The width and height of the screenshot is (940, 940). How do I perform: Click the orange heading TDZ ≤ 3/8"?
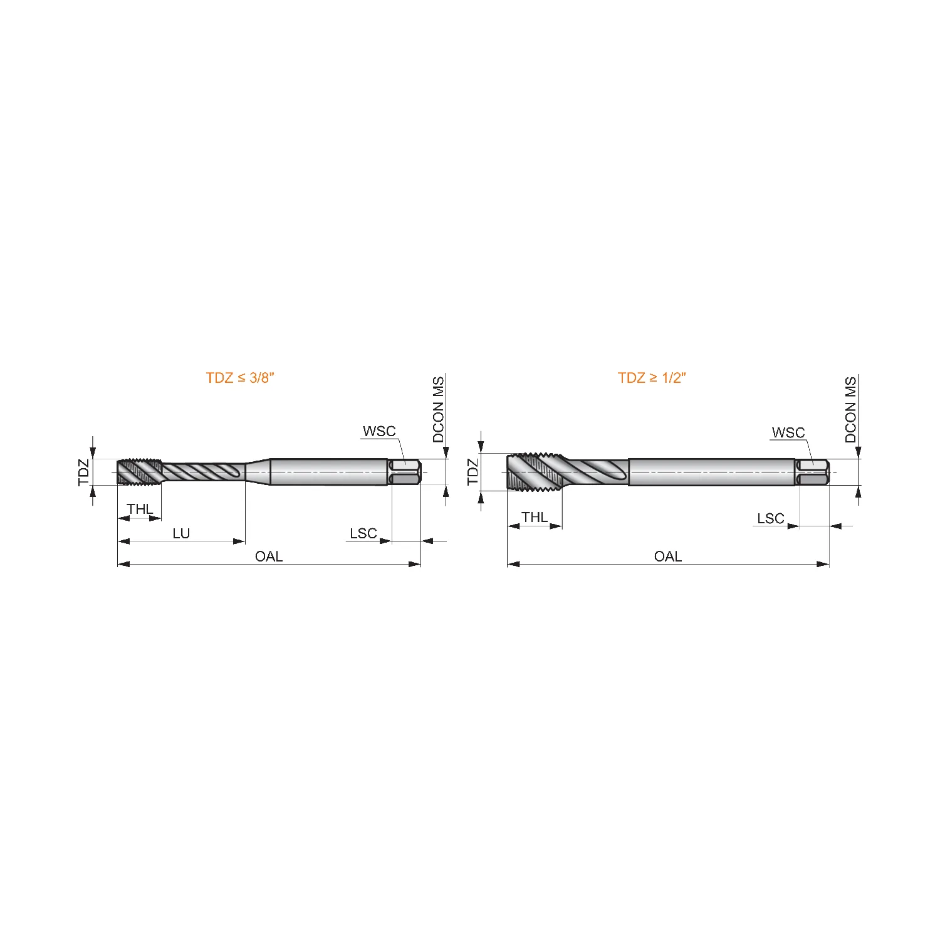(241, 378)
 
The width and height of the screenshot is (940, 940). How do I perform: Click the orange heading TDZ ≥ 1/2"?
(652, 378)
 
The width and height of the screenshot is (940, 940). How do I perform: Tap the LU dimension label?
(181, 533)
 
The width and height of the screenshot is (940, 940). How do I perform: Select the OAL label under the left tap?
(269, 556)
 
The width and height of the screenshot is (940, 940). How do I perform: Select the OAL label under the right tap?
(668, 556)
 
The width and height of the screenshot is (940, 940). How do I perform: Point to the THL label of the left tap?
(140, 509)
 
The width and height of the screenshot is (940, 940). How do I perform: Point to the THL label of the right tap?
(535, 517)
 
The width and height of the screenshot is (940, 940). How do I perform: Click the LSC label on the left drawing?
(363, 533)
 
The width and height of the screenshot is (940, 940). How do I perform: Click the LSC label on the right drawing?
(771, 518)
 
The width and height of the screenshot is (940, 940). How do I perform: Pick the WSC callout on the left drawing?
(379, 431)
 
